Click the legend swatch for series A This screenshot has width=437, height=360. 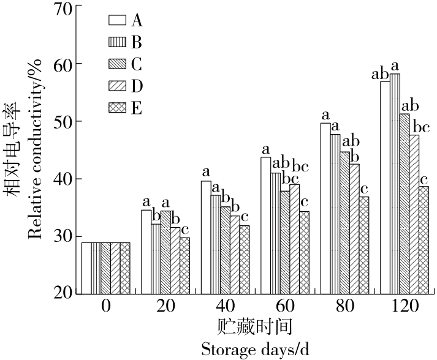point(116,20)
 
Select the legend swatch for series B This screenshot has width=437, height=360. point(116,42)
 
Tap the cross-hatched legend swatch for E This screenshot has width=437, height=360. point(116,108)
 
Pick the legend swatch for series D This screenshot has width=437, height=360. point(116,86)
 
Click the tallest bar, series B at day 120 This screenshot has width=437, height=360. point(395,184)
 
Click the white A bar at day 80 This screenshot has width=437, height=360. point(325,208)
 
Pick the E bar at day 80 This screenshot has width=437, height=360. point(364,245)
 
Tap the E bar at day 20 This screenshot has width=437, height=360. point(184,265)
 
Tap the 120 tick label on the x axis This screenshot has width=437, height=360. point(405,305)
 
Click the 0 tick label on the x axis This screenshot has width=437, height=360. point(105,305)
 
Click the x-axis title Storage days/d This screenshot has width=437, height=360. point(255,350)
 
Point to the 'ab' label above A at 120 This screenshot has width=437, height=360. point(381,75)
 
